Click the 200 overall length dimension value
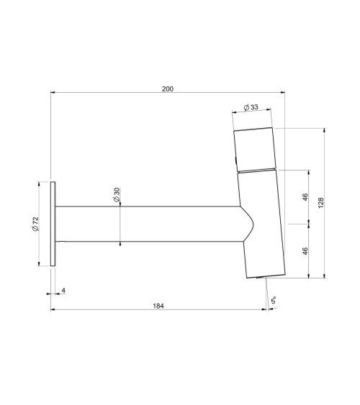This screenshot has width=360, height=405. pos(168,89)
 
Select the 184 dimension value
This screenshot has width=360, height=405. pos(158,306)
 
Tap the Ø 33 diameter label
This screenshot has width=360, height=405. pos(251,107)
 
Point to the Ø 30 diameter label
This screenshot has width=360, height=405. pos(117,195)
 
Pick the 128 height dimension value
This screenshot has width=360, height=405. pos(320,203)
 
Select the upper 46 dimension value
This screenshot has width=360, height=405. pos(305,197)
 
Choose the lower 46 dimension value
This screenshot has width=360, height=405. pos(305,251)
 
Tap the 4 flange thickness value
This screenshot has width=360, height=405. pos(63,291)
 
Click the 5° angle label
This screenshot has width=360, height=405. pos(274,301)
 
